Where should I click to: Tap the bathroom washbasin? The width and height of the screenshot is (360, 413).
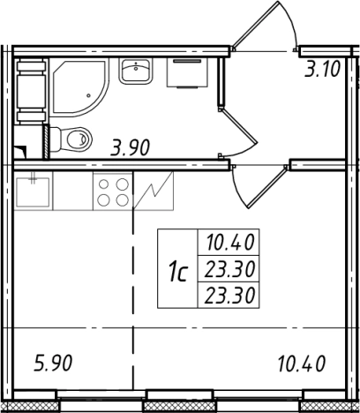click(x=136, y=71)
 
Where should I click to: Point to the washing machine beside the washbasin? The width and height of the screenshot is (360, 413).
click(x=187, y=72)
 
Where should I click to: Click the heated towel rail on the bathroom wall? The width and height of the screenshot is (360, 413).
click(x=31, y=91)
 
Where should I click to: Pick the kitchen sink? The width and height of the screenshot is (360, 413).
click(x=33, y=191)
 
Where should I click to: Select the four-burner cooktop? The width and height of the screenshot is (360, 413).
click(x=113, y=191)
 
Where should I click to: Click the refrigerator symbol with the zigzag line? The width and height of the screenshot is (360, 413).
click(x=154, y=191)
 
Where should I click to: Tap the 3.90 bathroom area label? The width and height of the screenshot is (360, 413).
click(x=130, y=147)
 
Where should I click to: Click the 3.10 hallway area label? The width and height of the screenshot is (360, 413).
click(x=323, y=69)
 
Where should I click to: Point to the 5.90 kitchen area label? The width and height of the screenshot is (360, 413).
click(x=53, y=363)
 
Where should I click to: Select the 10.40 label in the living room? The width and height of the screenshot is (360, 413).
click(x=301, y=364)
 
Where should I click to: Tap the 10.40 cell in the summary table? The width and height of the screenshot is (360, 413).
click(x=229, y=243)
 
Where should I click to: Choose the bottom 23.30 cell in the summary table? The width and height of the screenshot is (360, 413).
click(x=229, y=295)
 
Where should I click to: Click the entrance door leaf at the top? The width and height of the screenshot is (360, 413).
click(x=255, y=25)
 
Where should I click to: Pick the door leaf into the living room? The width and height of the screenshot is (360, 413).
click(x=267, y=187)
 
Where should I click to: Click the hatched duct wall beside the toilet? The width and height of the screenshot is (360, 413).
click(x=46, y=142)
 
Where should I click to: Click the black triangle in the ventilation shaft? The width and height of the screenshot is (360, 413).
click(x=21, y=151)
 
